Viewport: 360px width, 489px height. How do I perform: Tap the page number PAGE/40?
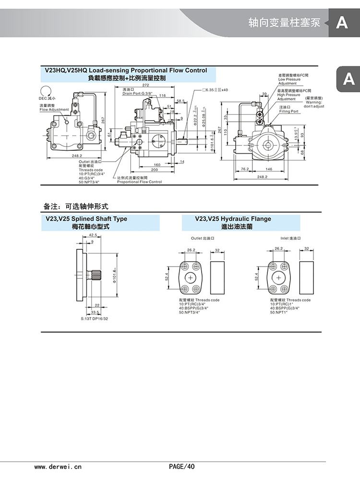(x=182, y=466)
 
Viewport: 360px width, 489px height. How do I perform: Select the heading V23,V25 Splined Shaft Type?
(x=86, y=219)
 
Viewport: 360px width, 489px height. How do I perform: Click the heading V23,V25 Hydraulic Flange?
(x=233, y=219)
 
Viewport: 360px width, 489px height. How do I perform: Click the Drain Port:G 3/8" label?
(x=138, y=93)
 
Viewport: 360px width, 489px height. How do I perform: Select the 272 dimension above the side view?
(x=145, y=85)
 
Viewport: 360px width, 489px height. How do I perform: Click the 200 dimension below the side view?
(x=154, y=170)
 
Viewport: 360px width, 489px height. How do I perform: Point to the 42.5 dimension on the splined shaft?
(x=93, y=235)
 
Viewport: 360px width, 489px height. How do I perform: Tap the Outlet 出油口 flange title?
(x=202, y=238)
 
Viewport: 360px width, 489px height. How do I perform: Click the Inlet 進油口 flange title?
(x=291, y=238)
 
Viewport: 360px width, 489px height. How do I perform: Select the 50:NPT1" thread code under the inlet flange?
(x=280, y=313)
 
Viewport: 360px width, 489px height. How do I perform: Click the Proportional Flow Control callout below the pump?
(x=140, y=182)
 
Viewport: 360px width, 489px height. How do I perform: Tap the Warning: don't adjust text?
(x=314, y=104)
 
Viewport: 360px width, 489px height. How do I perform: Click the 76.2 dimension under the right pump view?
(x=244, y=169)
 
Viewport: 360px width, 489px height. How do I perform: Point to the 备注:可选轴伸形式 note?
(x=76, y=207)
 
